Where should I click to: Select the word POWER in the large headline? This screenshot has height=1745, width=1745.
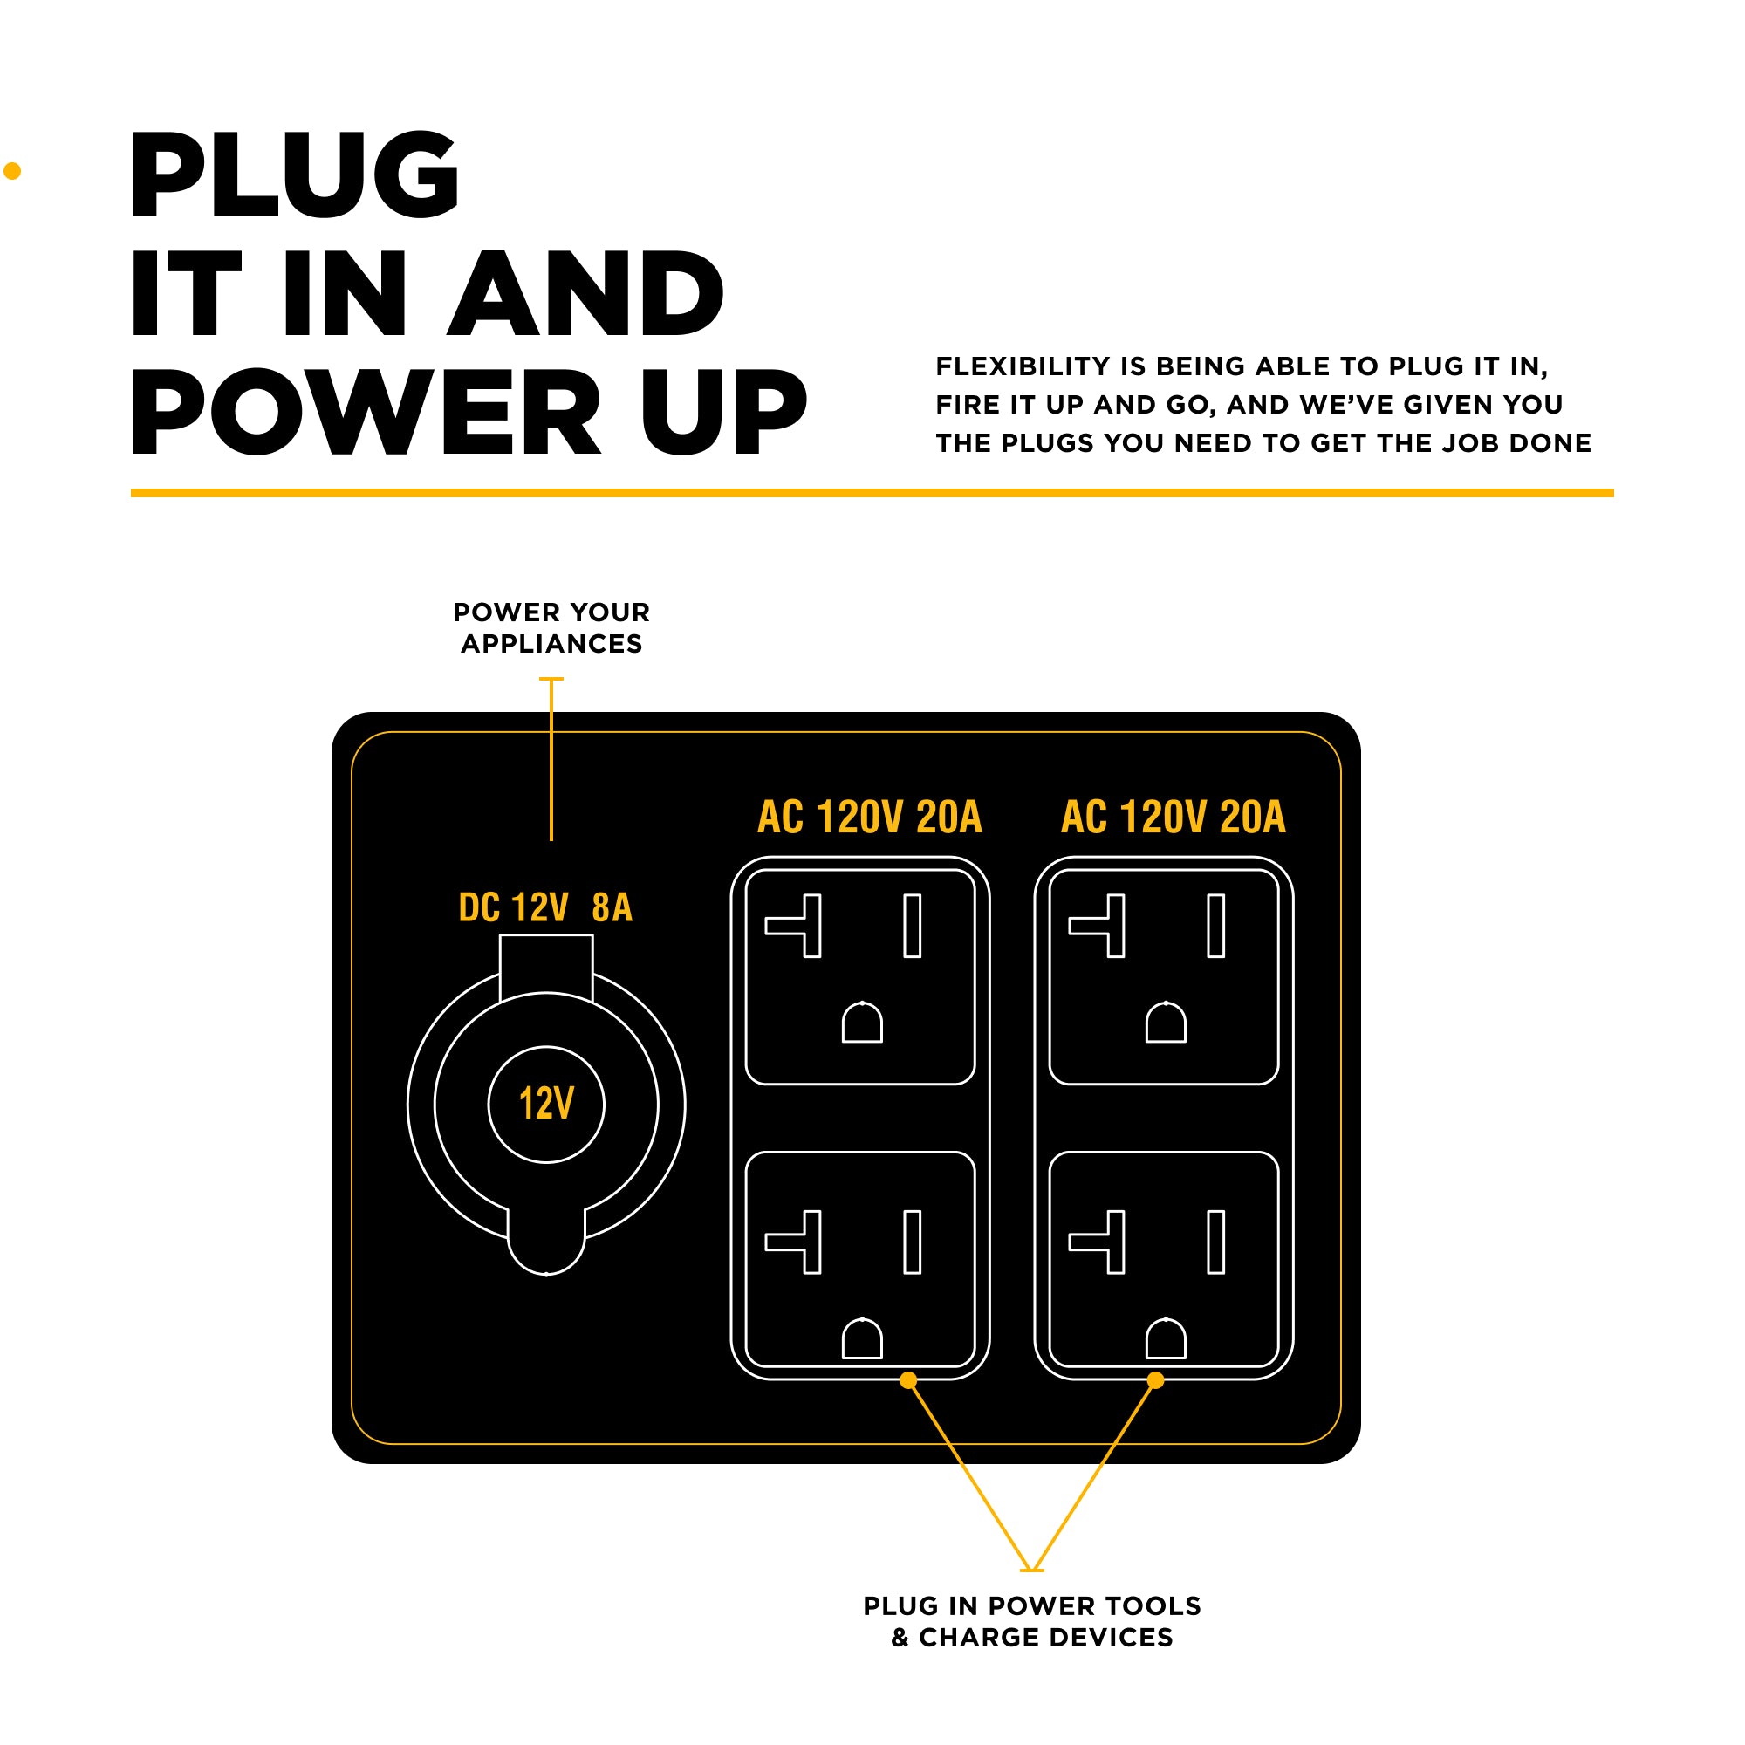pos(366,412)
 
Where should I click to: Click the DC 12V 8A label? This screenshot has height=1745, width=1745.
pos(544,907)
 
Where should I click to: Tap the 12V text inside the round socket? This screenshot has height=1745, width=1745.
pos(546,1104)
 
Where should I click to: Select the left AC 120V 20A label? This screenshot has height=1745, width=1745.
pos(869,817)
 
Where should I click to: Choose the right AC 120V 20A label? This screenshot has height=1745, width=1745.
pos(1173,817)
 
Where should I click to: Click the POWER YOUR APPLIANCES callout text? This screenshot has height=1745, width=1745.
pos(551,627)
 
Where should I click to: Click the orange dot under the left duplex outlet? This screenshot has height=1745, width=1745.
pos(908,1380)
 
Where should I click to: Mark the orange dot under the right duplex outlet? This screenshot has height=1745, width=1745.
pos(1155,1380)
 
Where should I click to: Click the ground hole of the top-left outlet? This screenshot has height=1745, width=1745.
pos(862,1023)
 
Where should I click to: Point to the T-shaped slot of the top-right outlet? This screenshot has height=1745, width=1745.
pos(1103,926)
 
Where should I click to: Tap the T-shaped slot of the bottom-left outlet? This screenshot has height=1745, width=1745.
pos(799,1242)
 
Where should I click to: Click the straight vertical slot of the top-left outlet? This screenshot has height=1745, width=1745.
pos(913,926)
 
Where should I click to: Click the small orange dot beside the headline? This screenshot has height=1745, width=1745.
pos(12,171)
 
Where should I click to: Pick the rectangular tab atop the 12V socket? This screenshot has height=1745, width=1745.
pos(546,965)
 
